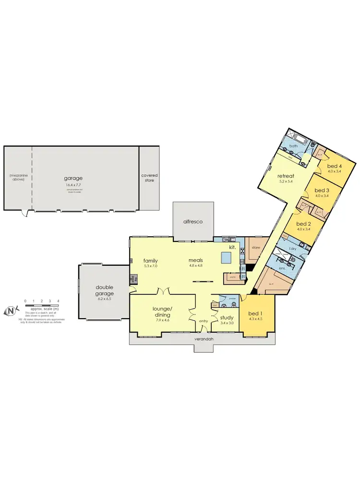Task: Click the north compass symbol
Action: coord(11,311)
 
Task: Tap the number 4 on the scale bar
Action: coord(58,301)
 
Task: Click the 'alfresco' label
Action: coord(192,222)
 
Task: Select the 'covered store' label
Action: coord(149,178)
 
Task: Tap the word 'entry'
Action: coord(204,322)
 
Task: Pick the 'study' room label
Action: coord(226,317)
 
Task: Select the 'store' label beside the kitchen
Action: coord(255,248)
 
